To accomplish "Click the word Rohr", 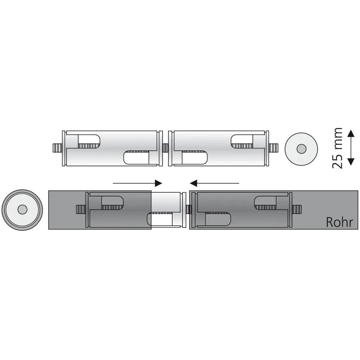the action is pyautogui.click(x=339, y=222).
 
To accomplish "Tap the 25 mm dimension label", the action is pyautogui.click(x=337, y=148).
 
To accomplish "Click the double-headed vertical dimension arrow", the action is pyautogui.click(x=350, y=147).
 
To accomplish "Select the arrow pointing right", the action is pyautogui.click(x=137, y=183).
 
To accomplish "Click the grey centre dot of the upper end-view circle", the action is pyautogui.click(x=301, y=149).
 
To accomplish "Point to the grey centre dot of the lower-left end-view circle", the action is pyautogui.click(x=22, y=210).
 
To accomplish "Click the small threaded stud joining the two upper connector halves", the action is pyautogui.click(x=166, y=148).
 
